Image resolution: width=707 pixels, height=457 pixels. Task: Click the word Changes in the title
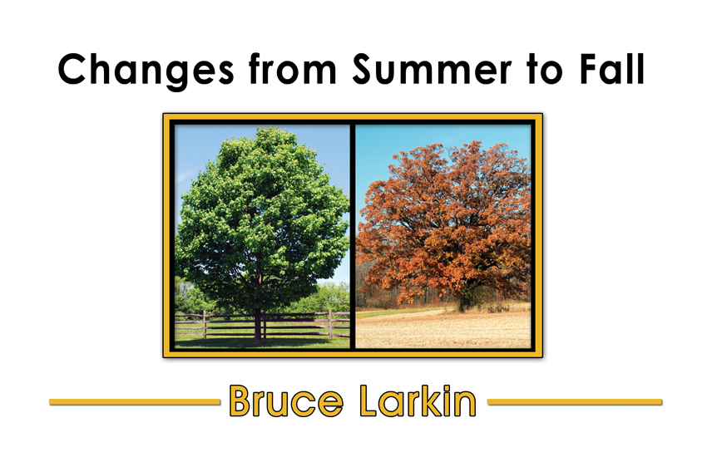click(x=146, y=71)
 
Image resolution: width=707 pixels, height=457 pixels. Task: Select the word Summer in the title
click(x=432, y=69)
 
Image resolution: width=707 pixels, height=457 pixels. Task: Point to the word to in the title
click(x=545, y=71)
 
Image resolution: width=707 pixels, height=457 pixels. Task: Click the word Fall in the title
click(x=612, y=69)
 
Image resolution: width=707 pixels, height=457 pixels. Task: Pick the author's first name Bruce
click(x=286, y=400)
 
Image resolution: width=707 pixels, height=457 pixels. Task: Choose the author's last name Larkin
click(x=418, y=400)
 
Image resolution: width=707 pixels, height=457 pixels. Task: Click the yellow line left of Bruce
click(x=135, y=401)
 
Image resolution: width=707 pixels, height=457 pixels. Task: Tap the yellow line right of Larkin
click(x=575, y=401)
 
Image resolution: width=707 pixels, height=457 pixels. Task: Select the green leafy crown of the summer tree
click(x=261, y=216)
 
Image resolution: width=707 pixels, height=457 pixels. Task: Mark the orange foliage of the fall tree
click(x=444, y=221)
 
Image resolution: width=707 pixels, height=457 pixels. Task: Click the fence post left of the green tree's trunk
click(x=205, y=324)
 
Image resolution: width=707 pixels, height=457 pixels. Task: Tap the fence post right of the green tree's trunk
click(x=330, y=324)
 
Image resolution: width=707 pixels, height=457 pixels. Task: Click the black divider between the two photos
click(x=353, y=236)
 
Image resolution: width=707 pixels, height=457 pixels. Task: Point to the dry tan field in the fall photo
click(x=443, y=330)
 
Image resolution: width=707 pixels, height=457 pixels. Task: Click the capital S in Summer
click(x=364, y=69)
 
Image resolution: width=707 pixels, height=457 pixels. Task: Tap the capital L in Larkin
click(x=369, y=400)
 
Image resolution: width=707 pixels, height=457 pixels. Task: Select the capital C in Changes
click(x=73, y=69)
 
